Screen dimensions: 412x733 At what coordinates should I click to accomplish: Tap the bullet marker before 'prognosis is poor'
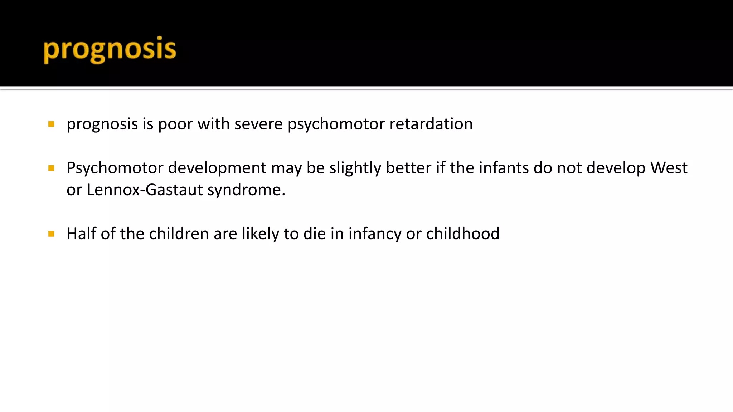(51, 124)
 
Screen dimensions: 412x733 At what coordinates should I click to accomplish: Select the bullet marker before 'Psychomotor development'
(51, 168)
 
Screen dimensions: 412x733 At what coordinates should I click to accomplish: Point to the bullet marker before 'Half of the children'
(51, 234)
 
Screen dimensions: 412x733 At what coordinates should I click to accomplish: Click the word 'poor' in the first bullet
(175, 124)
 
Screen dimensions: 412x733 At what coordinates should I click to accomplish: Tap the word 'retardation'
(431, 124)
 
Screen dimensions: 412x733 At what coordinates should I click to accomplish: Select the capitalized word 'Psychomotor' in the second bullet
(115, 168)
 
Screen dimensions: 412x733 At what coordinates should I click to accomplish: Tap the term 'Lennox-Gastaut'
(145, 190)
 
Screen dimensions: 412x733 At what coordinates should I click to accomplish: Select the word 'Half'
(81, 234)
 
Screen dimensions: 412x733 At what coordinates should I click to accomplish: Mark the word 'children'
(179, 234)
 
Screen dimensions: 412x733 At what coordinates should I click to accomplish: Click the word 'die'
(315, 234)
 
